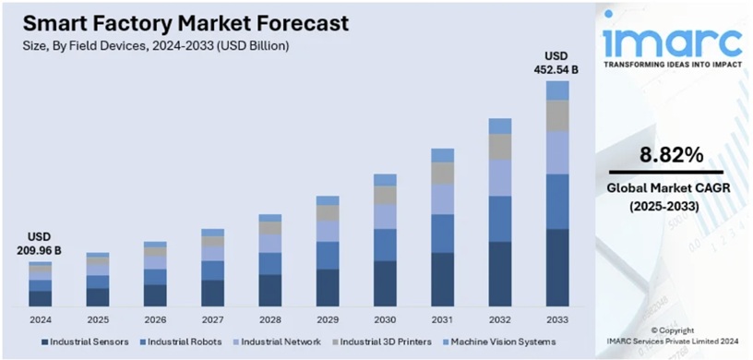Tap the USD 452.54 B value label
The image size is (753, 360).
click(x=556, y=62)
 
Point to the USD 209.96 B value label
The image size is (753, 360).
click(x=39, y=244)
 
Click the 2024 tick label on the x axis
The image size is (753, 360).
click(x=40, y=320)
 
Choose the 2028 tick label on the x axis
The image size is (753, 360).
click(x=269, y=320)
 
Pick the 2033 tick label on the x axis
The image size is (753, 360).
click(x=556, y=320)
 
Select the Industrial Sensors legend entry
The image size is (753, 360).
click(x=85, y=342)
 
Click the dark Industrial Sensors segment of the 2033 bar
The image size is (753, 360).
click(x=556, y=268)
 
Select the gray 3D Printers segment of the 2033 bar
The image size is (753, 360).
click(x=556, y=115)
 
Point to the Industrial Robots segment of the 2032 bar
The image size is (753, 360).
click(x=499, y=219)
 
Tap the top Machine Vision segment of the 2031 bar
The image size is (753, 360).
click(x=442, y=155)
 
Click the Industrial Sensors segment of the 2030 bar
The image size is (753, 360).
click(x=385, y=282)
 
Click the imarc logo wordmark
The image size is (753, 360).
click(x=671, y=42)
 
